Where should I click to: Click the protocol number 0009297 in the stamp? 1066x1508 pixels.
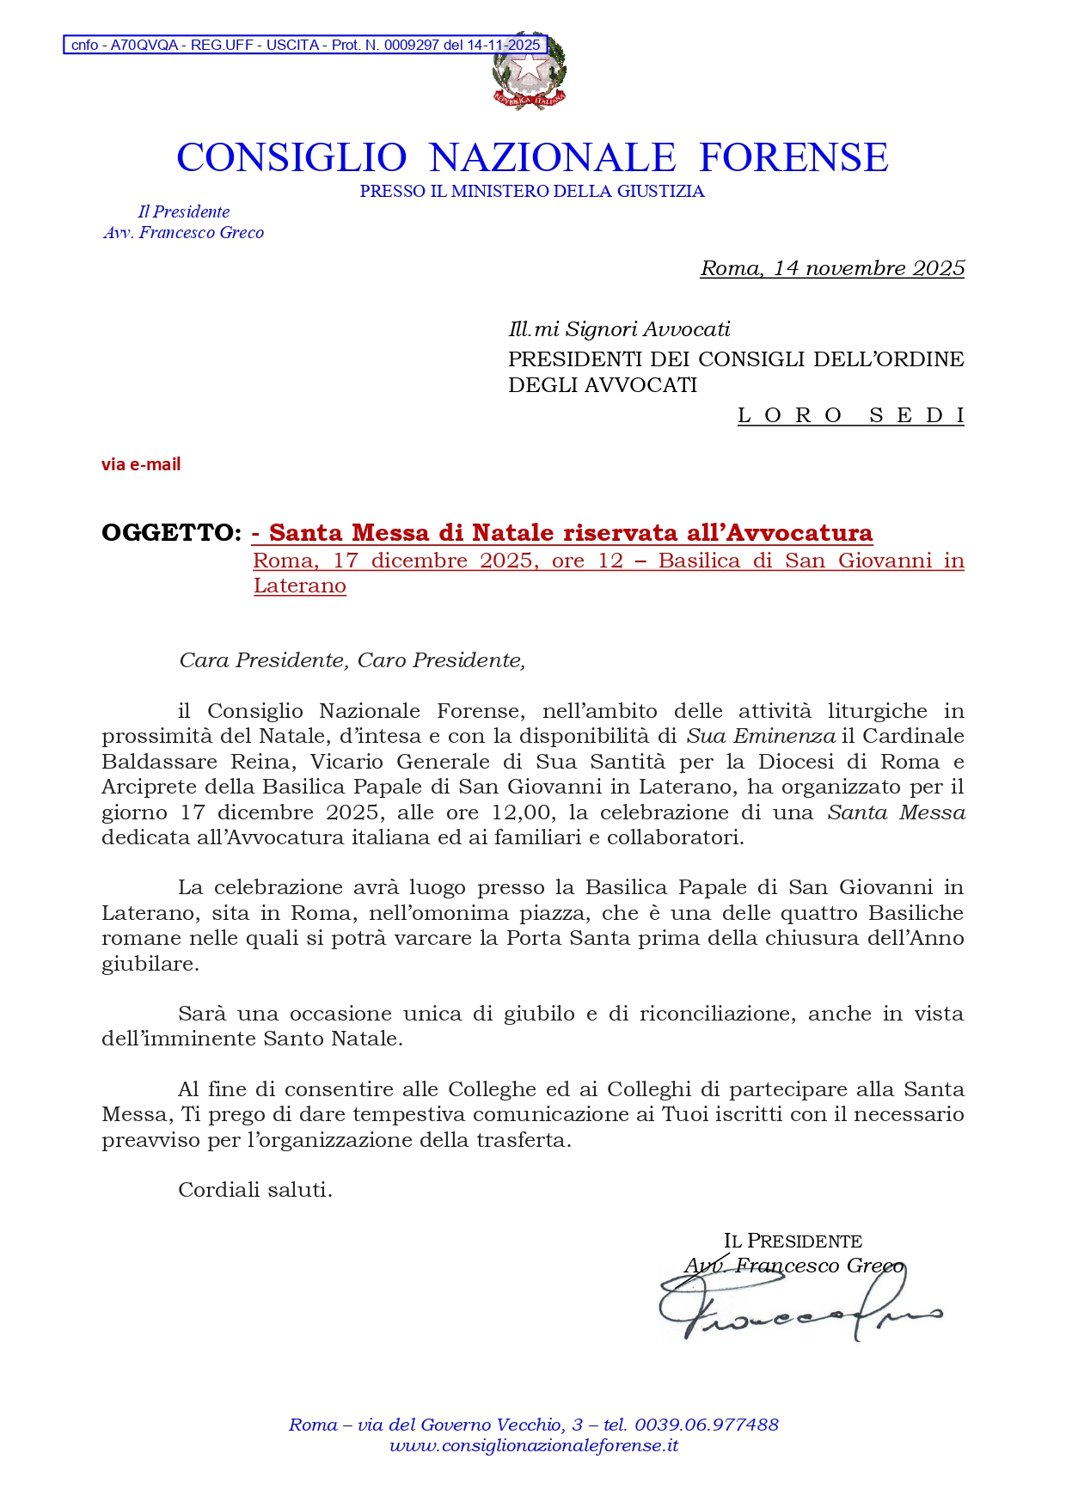tap(411, 46)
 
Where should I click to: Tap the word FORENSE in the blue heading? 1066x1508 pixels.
tap(793, 158)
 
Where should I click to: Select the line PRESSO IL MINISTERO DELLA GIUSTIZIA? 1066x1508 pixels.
tap(532, 192)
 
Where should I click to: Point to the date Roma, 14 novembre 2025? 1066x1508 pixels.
tap(832, 268)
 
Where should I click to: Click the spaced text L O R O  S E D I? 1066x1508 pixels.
tap(850, 416)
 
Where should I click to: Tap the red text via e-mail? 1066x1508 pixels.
tap(141, 465)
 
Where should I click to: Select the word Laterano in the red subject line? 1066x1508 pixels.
tap(300, 586)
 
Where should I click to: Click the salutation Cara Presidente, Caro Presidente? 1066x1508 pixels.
tap(352, 660)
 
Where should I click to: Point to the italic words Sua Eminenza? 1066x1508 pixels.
tap(760, 737)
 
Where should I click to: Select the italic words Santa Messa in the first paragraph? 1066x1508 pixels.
tap(896, 812)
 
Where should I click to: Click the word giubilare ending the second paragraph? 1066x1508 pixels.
tap(150, 964)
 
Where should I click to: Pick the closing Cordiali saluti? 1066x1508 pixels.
tap(254, 1190)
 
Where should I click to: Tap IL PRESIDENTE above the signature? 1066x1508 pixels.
tap(793, 1241)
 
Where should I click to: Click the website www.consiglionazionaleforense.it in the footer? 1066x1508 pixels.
tap(534, 1446)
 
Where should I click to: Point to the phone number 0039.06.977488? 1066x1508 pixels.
tap(706, 1425)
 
